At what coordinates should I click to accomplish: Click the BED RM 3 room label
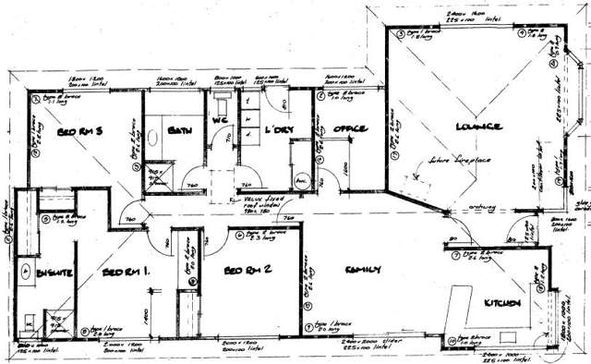coord(78,132)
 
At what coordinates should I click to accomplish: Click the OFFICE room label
coord(352,128)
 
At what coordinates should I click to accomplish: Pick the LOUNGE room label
coord(477,126)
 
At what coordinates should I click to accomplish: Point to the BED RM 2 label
coord(247,271)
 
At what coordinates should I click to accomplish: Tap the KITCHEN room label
coord(502,302)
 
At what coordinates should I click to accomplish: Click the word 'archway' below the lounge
coord(480,207)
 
